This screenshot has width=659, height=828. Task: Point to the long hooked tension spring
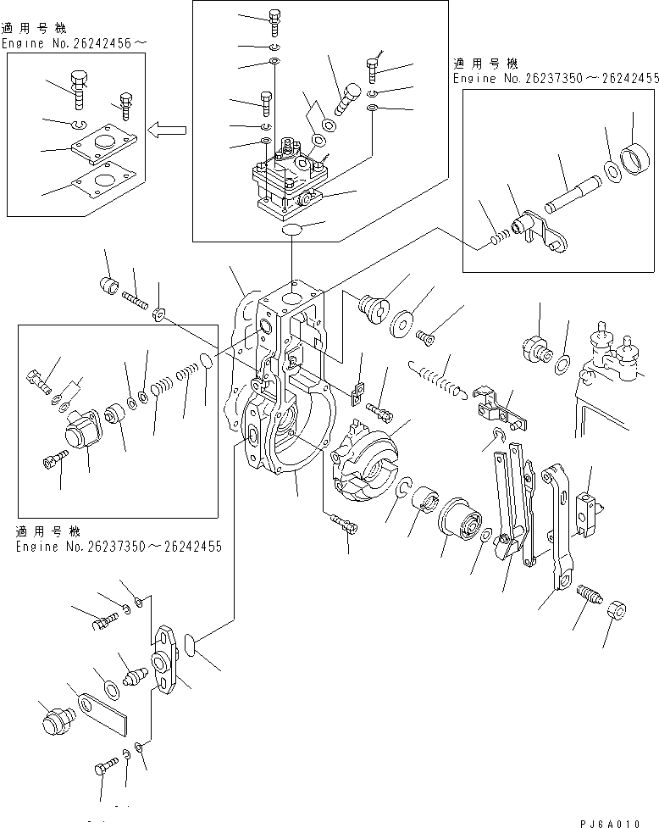pos(435,378)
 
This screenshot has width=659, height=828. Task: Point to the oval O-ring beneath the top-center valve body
pos(292,230)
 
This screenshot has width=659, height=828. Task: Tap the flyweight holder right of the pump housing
pos(366,461)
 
